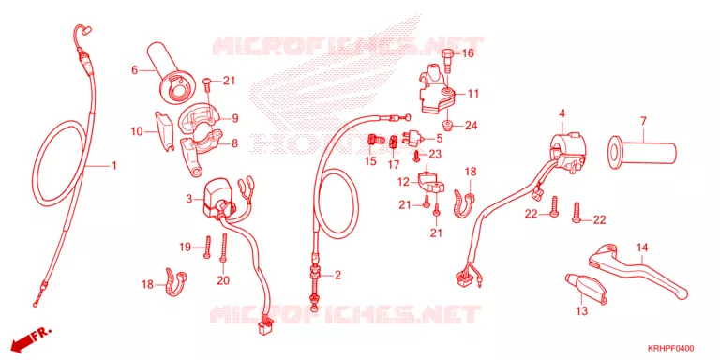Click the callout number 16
[468, 53]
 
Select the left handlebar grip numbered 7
[642, 152]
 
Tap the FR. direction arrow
[32, 338]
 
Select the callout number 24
[472, 126]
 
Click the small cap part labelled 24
[447, 126]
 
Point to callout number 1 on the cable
[113, 165]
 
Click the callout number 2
[337, 275]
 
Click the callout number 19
[185, 247]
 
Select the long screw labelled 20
[225, 247]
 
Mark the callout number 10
[136, 132]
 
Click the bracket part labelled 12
[427, 182]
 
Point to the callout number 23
[435, 155]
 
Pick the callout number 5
[439, 137]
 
